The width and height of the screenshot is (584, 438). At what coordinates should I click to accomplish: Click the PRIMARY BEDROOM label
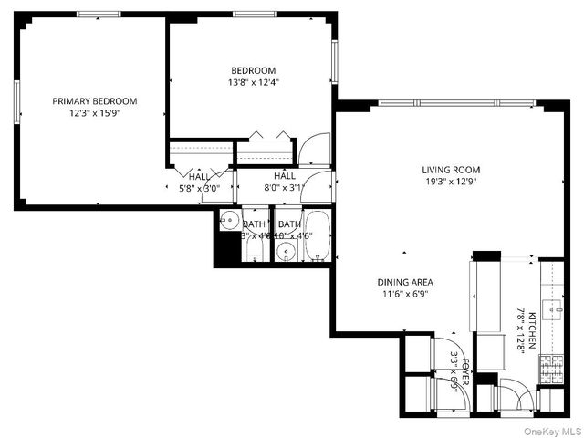click(94, 101)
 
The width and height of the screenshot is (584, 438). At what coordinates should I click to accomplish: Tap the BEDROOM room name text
click(253, 70)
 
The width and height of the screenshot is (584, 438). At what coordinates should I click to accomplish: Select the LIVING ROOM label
click(450, 170)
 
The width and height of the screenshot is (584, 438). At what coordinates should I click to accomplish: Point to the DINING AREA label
click(406, 282)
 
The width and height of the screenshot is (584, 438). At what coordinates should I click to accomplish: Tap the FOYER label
click(464, 370)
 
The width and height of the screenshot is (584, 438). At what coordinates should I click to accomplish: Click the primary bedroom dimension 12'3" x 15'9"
click(94, 114)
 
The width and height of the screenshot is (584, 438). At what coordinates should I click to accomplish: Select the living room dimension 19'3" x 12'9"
click(450, 182)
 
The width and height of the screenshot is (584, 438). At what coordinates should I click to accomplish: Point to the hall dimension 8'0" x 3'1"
click(284, 188)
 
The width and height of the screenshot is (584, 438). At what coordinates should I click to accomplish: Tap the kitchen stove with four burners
click(552, 367)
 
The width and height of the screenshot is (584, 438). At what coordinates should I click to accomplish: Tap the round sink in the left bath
click(228, 221)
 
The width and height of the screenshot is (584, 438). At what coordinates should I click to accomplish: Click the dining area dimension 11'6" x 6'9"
click(406, 295)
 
